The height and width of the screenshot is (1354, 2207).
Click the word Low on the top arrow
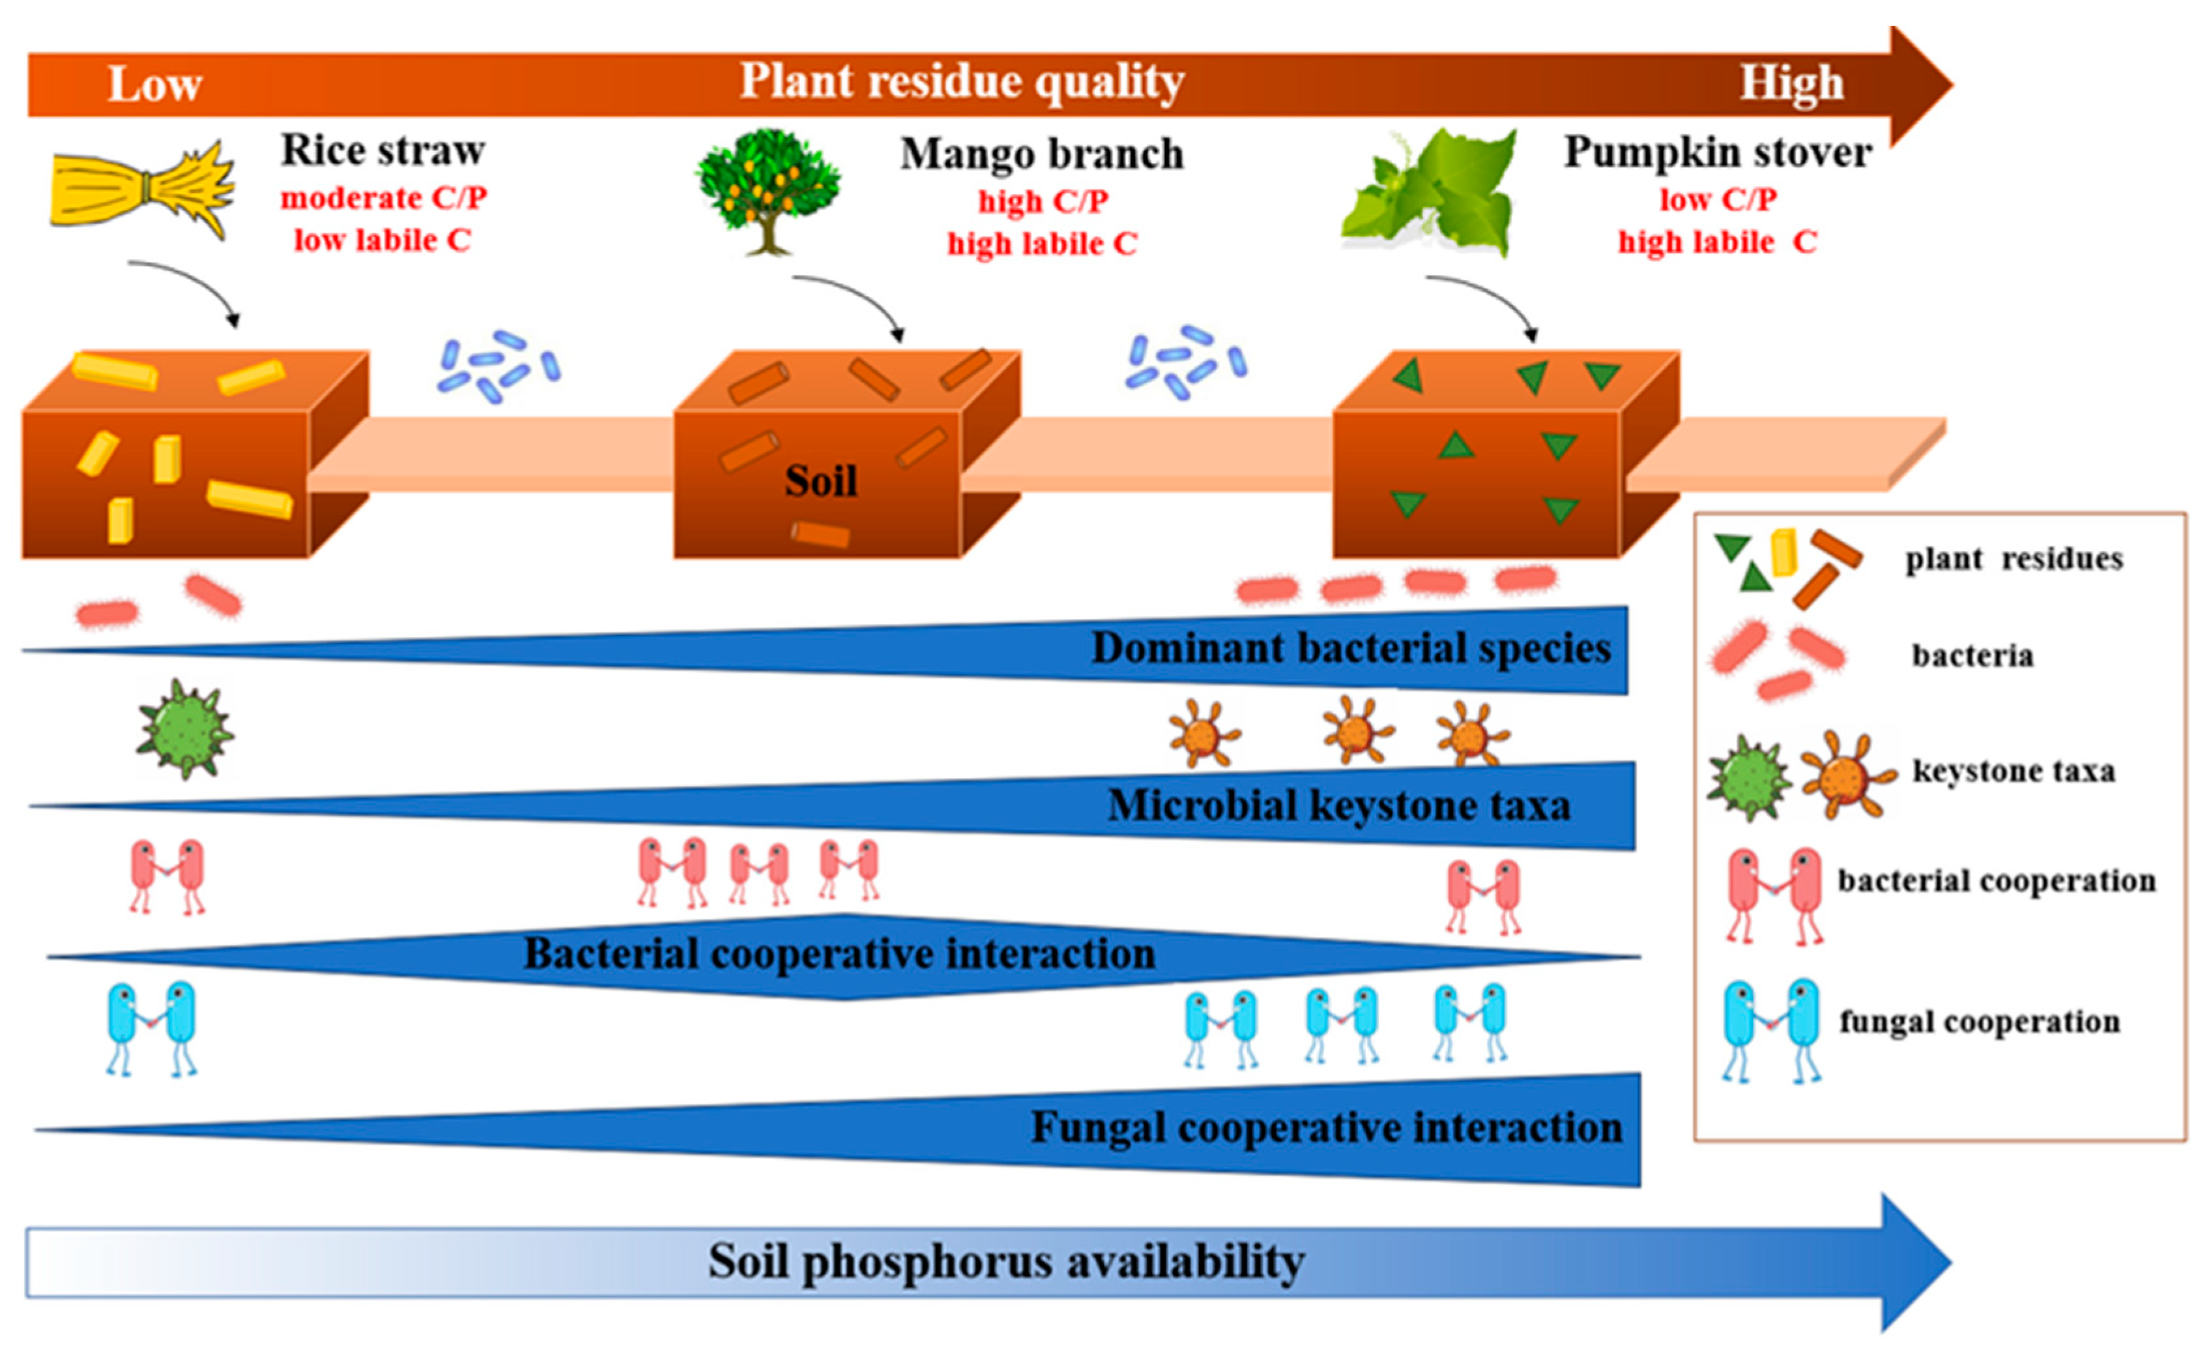tap(154, 85)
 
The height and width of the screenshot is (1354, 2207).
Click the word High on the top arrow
tap(1791, 83)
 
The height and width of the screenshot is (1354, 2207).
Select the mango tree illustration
tap(768, 190)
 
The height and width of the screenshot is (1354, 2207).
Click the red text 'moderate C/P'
tap(383, 198)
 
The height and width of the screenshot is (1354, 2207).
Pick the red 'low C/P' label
tap(1718, 199)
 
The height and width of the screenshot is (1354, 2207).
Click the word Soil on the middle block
tap(820, 482)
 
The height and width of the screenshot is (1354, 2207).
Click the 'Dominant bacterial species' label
tap(1350, 648)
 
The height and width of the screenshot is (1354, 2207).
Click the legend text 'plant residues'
tap(2013, 559)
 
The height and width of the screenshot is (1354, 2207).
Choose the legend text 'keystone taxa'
tap(2013, 771)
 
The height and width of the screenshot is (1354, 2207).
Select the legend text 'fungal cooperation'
tap(1980, 1022)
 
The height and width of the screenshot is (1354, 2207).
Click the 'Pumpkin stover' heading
tap(1717, 152)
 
